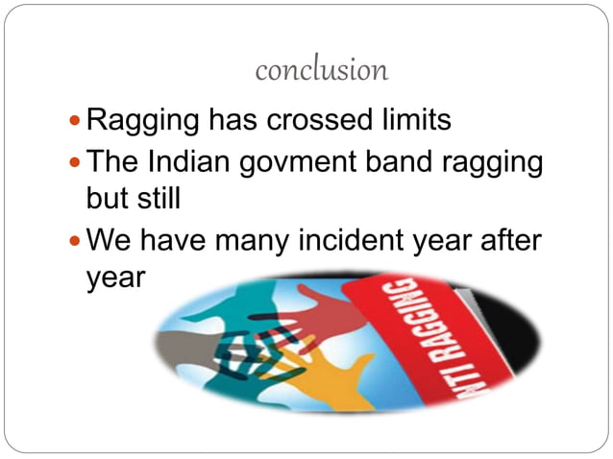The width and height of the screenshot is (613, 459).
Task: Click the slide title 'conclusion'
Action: [322, 70]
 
